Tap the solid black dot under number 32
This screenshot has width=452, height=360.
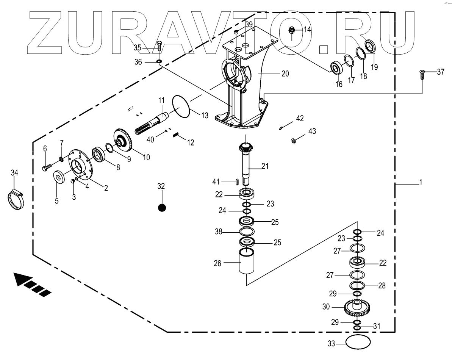[162, 208]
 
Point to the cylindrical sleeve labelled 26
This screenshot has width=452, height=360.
[246, 261]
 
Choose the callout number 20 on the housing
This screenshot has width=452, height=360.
[285, 74]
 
